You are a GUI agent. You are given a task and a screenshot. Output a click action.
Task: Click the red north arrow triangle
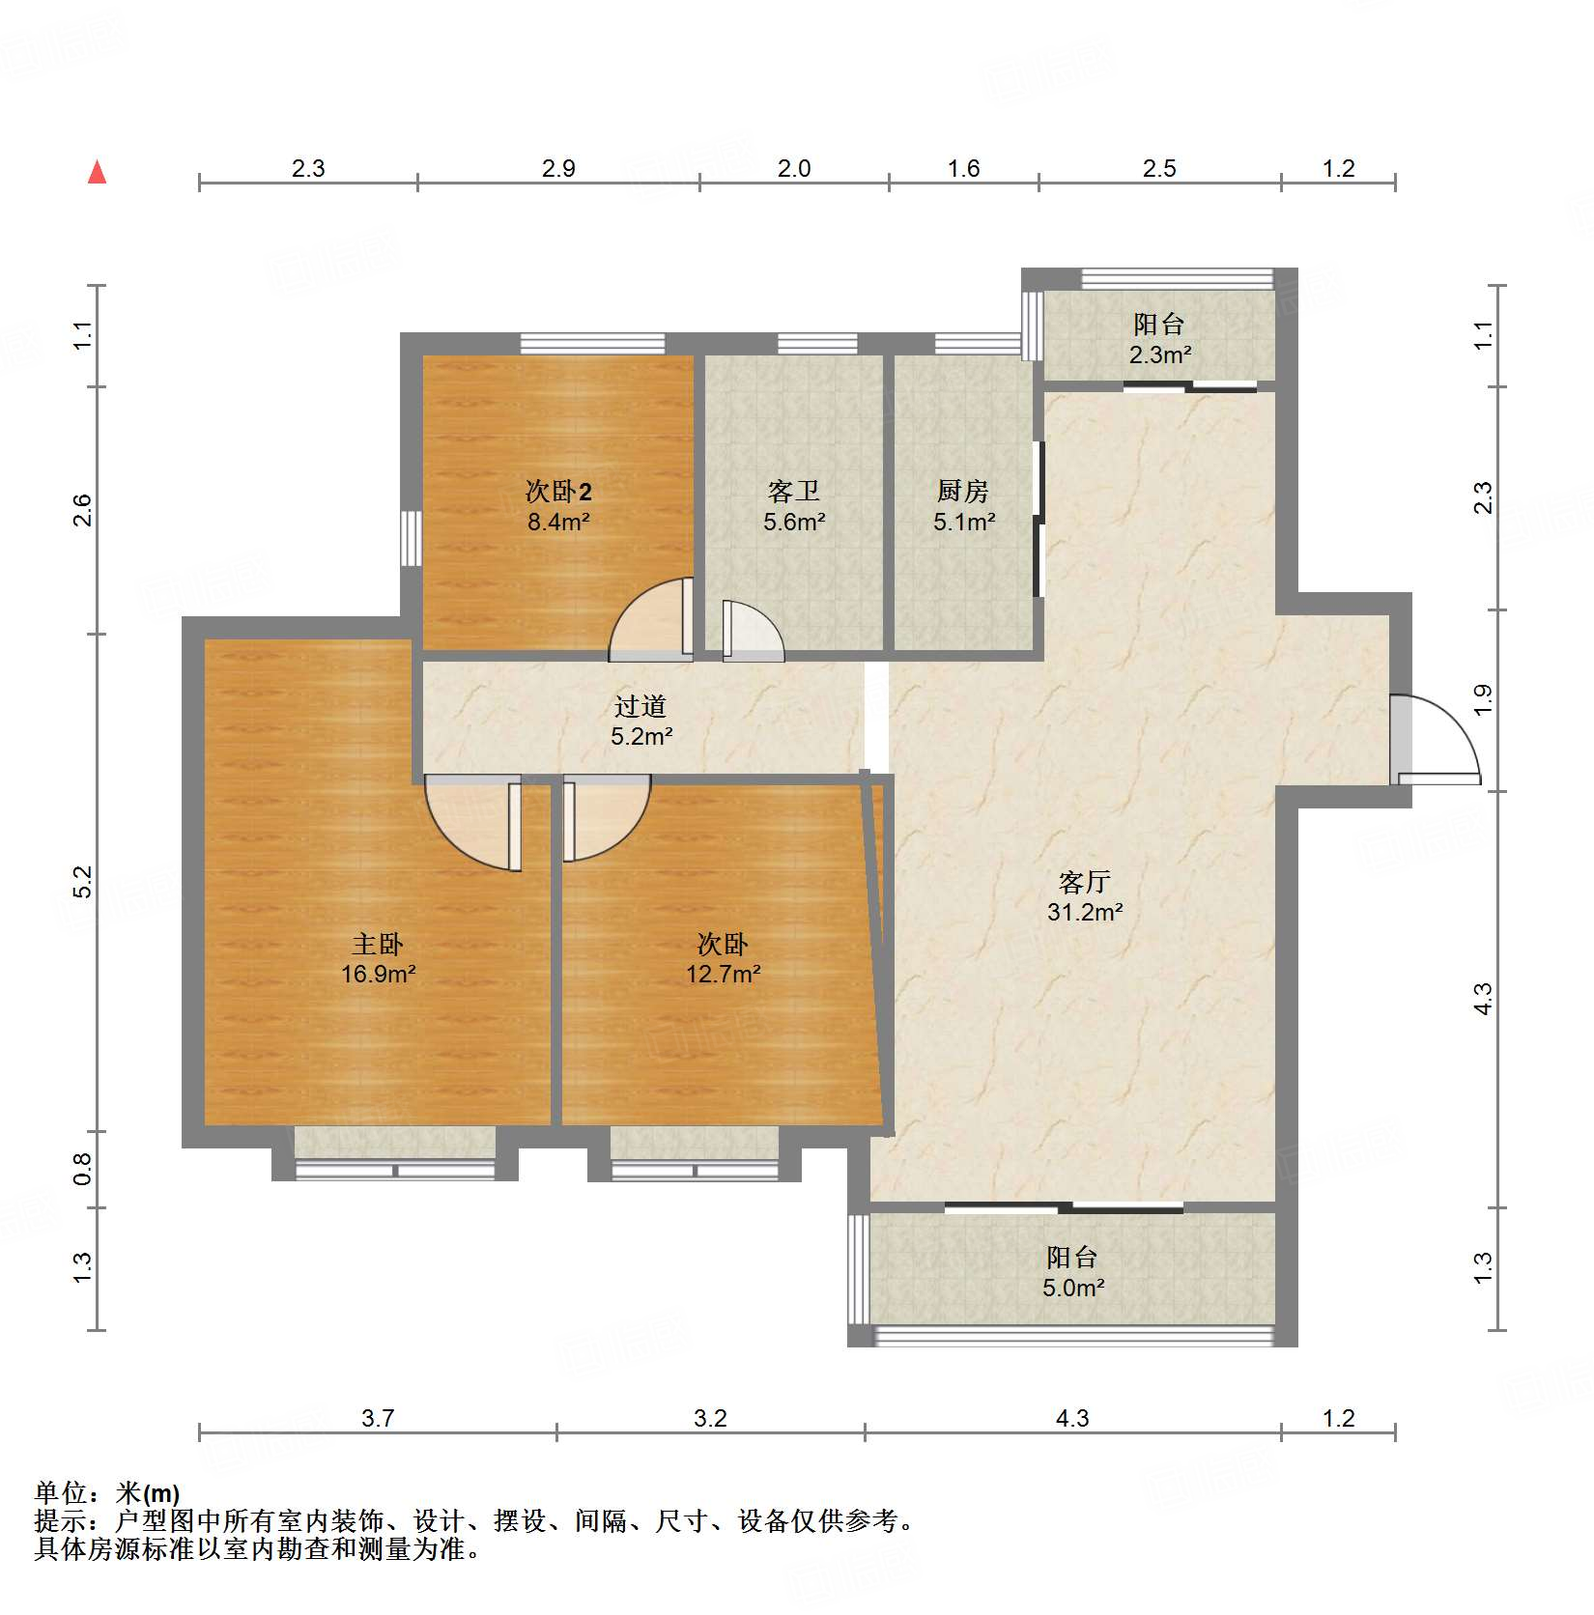click(x=97, y=172)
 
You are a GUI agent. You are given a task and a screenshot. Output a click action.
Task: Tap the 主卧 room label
click(x=377, y=944)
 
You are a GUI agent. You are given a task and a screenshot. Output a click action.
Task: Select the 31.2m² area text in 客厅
click(x=1085, y=912)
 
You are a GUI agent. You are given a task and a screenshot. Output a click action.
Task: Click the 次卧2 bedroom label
click(x=558, y=491)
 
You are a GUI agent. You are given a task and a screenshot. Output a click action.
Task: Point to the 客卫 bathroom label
click(x=793, y=491)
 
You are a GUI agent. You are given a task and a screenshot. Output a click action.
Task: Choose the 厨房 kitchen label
click(x=962, y=491)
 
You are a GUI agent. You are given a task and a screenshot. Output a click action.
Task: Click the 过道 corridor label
click(x=640, y=706)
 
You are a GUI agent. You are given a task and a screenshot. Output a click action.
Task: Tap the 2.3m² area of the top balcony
click(x=1159, y=354)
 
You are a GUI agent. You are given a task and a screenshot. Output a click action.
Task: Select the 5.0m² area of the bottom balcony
click(x=1072, y=1288)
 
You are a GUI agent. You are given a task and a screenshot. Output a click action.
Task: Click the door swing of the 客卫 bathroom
click(x=751, y=633)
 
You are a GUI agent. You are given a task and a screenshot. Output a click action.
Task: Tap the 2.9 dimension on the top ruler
click(x=558, y=168)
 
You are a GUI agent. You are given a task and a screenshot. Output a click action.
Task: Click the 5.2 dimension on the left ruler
click(x=83, y=881)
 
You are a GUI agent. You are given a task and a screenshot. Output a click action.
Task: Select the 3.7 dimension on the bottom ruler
click(x=378, y=1418)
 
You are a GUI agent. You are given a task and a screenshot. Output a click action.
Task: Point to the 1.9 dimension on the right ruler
click(x=1483, y=699)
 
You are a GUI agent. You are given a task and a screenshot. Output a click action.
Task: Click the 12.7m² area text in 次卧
click(x=723, y=974)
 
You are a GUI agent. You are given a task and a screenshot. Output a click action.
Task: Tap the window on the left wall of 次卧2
click(x=412, y=538)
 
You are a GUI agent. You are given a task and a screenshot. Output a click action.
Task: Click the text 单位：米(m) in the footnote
click(x=107, y=1493)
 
